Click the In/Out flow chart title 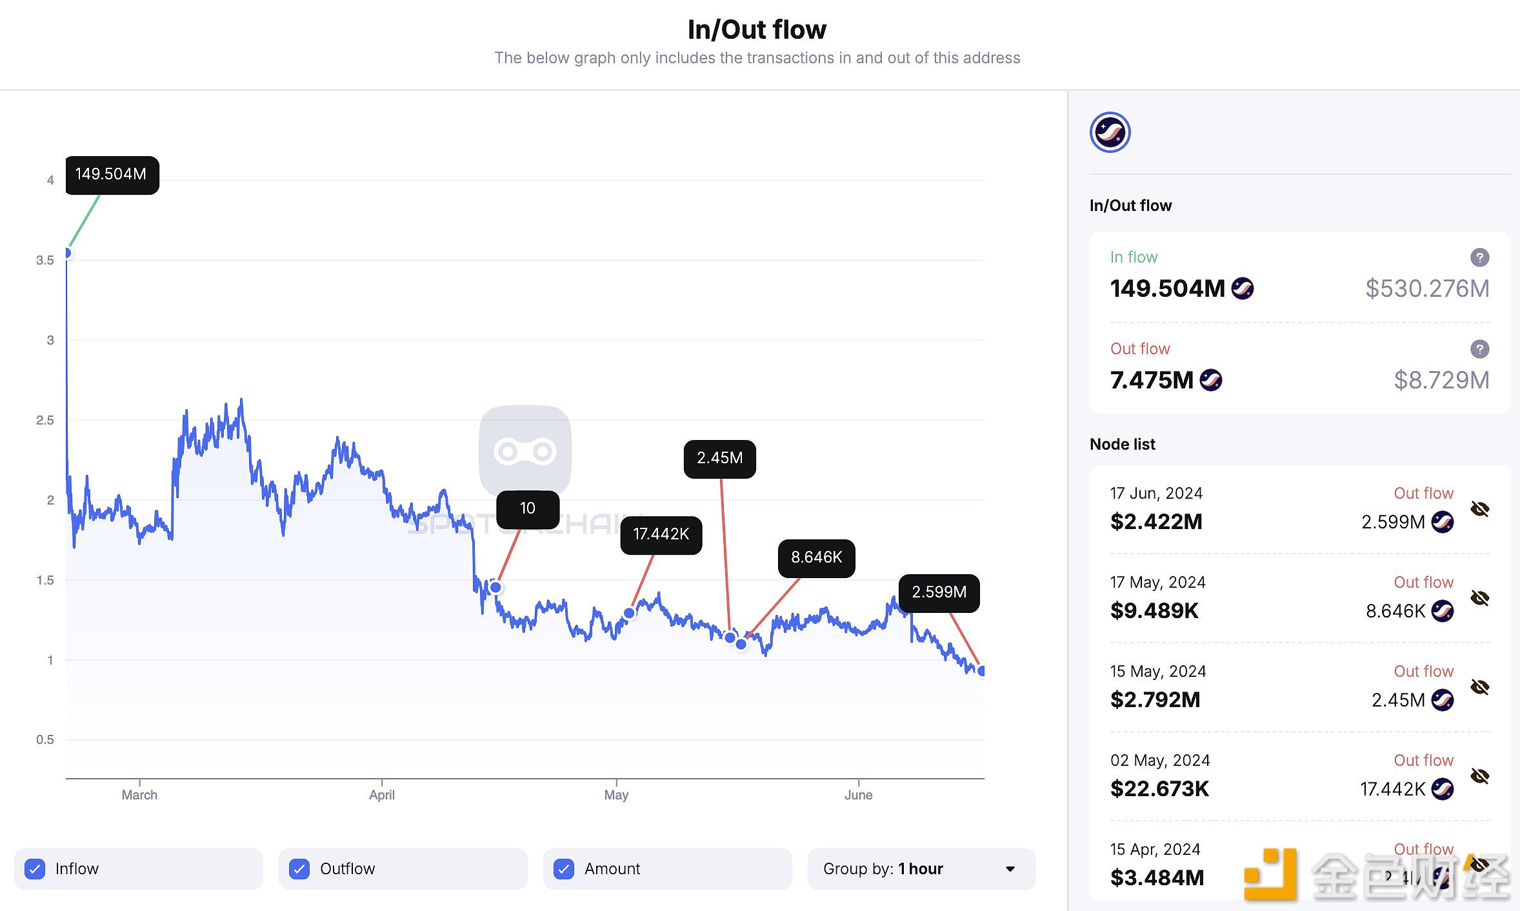tap(757, 30)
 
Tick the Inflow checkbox tap(35, 869)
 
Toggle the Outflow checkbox tap(299, 869)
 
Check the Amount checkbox tap(564, 869)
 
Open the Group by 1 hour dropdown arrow tap(1010, 869)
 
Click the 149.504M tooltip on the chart tap(112, 174)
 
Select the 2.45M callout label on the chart tap(719, 458)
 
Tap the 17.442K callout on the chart tap(661, 534)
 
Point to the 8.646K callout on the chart tap(816, 557)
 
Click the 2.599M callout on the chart tap(939, 592)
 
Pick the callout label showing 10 tap(528, 508)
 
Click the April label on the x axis tap(382, 795)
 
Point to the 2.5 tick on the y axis tap(45, 420)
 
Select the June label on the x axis tap(858, 795)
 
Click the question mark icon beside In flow tap(1479, 257)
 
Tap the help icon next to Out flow tap(1479, 349)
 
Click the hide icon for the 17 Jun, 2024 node tap(1479, 509)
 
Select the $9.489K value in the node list tap(1154, 610)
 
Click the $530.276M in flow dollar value tap(1427, 288)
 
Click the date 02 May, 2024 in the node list tap(1159, 761)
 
